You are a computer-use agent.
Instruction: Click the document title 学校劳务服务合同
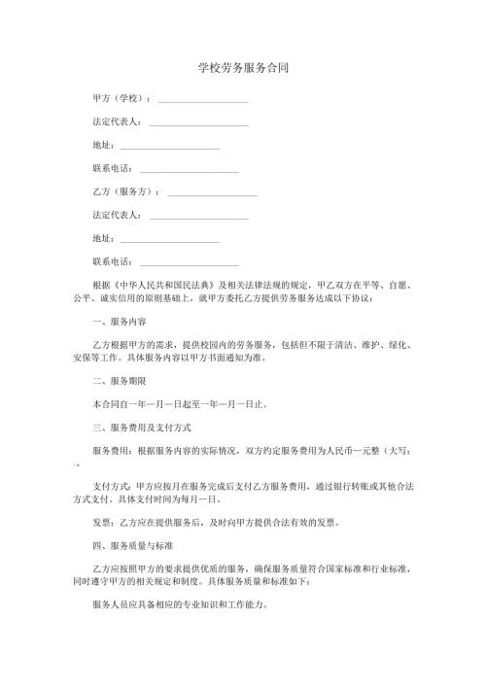click(x=242, y=69)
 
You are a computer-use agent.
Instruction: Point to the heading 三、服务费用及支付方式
click(x=140, y=427)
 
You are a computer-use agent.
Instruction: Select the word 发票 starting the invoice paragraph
click(x=102, y=521)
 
